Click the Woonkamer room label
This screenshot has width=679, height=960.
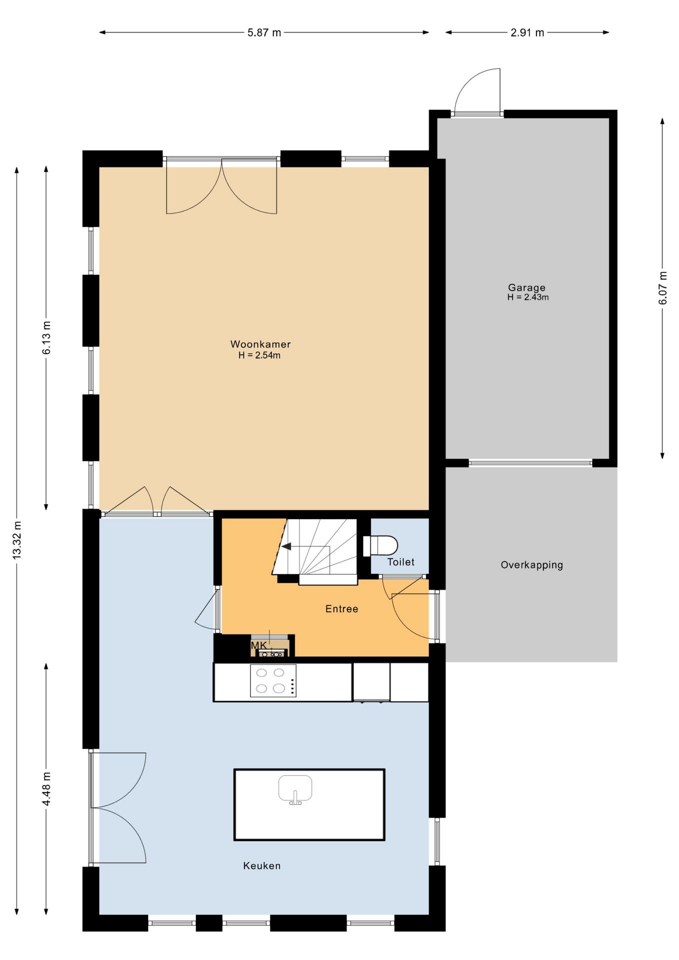pos(260,344)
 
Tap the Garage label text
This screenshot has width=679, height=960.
pos(526,287)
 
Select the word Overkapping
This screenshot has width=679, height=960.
pos(531,565)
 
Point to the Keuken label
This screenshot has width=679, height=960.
pos(261,865)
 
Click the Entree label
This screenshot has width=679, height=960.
pos(341,608)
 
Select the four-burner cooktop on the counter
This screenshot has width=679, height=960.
pos(273,680)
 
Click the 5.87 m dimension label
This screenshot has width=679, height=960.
pos(264,33)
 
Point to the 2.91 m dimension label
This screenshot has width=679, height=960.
pos(527,33)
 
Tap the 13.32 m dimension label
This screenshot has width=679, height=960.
pos(17,540)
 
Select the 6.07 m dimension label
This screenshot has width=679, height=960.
pos(662,288)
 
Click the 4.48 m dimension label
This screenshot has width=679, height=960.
pos(46,789)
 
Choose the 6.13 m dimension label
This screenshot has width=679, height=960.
pos(46,338)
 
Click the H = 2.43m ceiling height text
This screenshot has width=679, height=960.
pos(528,297)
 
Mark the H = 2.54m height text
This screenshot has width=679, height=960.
pos(259,355)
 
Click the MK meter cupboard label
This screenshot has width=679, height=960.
pos(258,645)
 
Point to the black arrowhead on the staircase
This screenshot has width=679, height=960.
pos(286,546)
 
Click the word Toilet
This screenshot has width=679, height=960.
pos(400,562)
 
